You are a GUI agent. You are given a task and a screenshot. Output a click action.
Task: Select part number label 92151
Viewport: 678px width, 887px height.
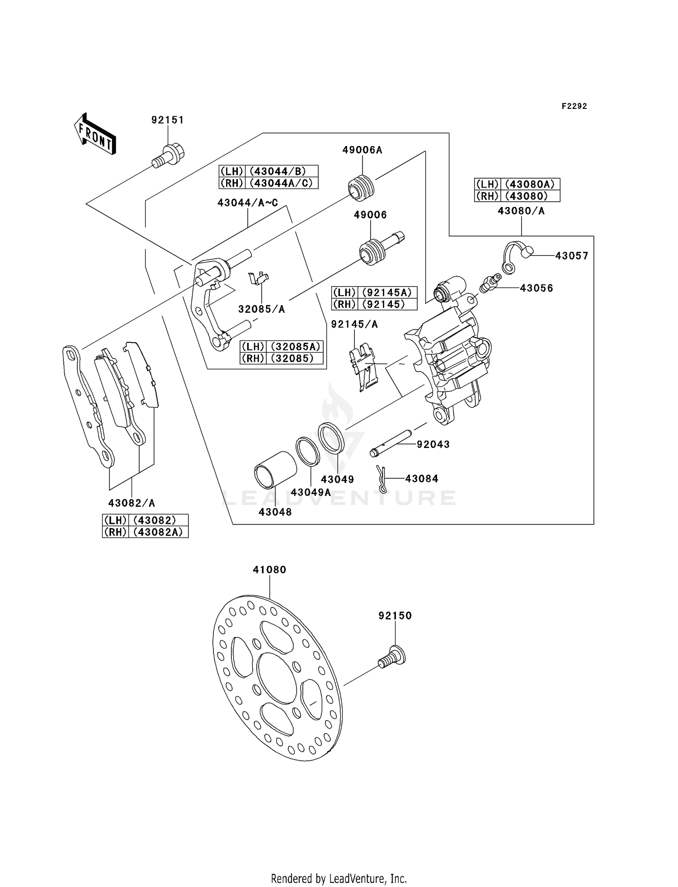[x=168, y=120]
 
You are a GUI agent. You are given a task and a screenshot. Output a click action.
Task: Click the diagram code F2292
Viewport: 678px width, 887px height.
[x=574, y=106]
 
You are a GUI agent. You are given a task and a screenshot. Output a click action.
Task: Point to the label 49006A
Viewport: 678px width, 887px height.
[x=362, y=150]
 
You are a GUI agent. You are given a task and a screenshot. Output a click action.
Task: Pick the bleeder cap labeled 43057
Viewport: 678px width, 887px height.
[x=518, y=256]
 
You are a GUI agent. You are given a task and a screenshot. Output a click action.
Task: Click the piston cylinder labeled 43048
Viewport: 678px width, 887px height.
[x=275, y=470]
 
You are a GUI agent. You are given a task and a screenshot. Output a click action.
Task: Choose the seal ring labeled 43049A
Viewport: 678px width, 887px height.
[x=308, y=451]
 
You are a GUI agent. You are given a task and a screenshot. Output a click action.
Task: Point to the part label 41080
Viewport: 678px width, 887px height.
[x=269, y=570]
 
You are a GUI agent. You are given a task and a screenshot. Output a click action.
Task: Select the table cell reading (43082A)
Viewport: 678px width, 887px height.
[x=158, y=532]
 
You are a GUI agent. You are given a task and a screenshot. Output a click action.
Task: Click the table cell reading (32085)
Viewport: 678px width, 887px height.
[x=295, y=359]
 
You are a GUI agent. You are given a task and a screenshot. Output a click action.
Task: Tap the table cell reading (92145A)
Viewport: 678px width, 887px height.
[x=387, y=293]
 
